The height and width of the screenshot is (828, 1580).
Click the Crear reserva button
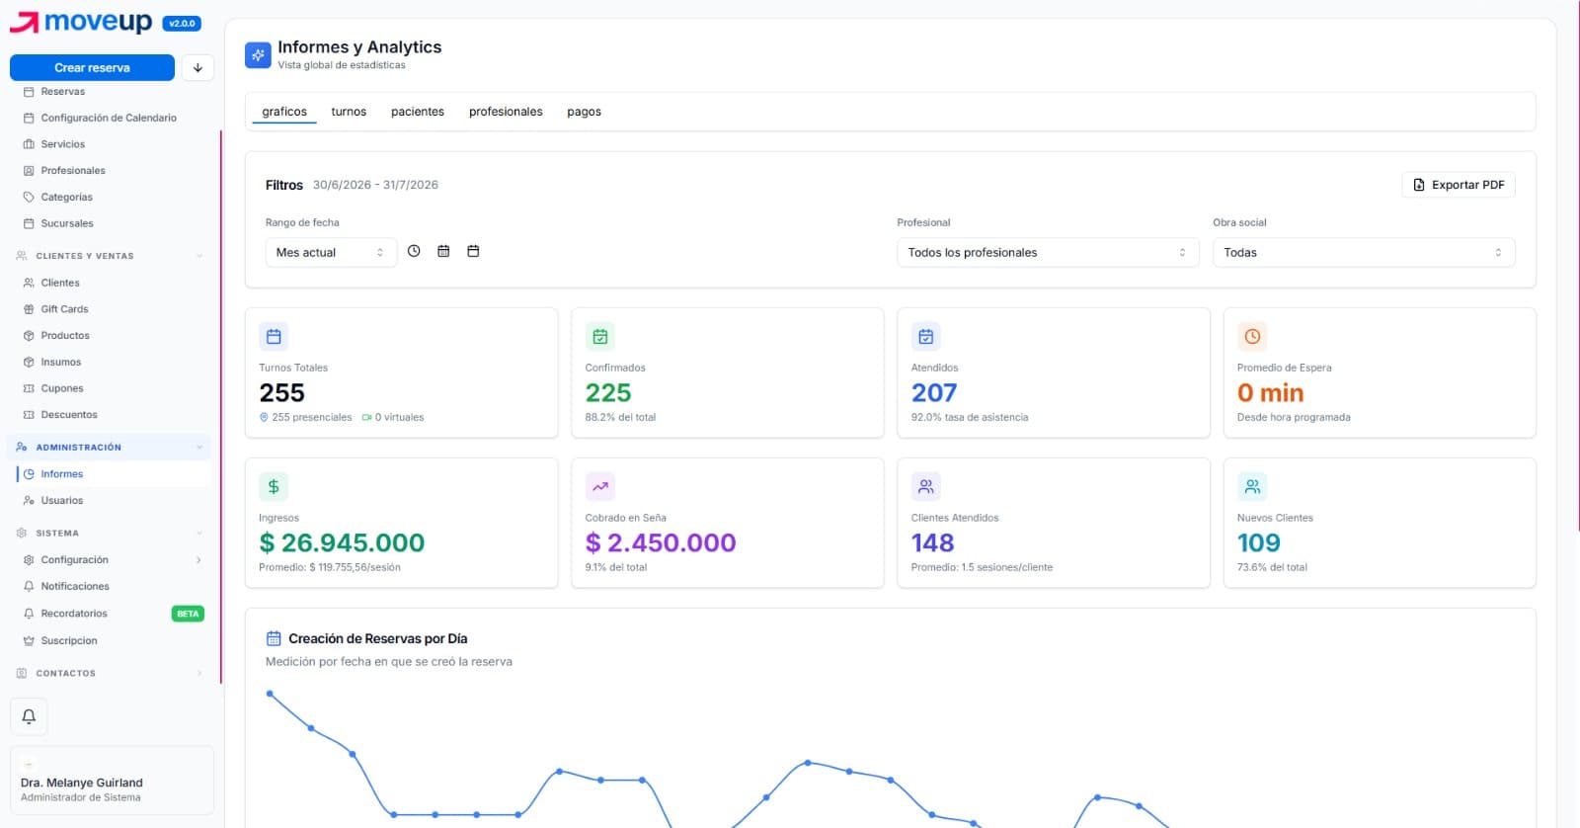(x=92, y=68)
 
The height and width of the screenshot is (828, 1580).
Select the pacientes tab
(x=418, y=112)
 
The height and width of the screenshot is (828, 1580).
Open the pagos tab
(x=584, y=112)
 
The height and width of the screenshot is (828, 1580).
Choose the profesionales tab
(x=506, y=112)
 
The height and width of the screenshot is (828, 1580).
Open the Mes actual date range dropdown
(x=330, y=253)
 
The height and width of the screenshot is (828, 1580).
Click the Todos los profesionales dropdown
(x=1048, y=253)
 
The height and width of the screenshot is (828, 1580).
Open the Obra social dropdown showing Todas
(x=1364, y=253)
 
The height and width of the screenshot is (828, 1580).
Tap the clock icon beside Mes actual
(x=414, y=251)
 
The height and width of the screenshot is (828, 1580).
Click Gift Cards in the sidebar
(x=64, y=309)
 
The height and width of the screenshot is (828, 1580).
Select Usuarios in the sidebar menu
(x=62, y=501)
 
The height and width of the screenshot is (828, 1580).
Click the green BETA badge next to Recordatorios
(x=188, y=614)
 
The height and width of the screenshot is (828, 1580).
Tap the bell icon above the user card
(x=29, y=716)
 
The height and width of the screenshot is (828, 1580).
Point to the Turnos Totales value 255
(x=282, y=392)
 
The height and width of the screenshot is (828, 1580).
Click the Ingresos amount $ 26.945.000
(x=342, y=542)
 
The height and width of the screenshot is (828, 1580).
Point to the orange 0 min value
(x=1270, y=392)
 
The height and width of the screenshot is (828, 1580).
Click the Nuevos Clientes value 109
(x=1258, y=542)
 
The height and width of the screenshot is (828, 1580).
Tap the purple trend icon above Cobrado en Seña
(x=600, y=486)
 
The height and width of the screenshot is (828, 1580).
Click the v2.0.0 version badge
(x=182, y=24)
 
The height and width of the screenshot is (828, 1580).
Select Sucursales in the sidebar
(x=67, y=223)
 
